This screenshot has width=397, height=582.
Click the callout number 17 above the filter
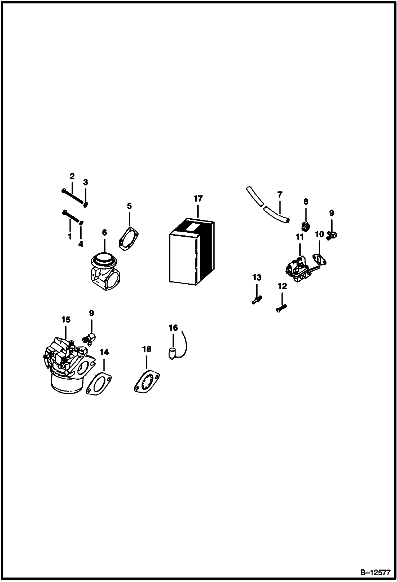tap(198, 198)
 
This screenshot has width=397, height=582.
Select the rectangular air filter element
tap(192, 252)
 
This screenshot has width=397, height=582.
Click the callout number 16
tap(173, 328)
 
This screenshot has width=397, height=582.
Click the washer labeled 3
tap(86, 205)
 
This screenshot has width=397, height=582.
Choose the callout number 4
tap(81, 244)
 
